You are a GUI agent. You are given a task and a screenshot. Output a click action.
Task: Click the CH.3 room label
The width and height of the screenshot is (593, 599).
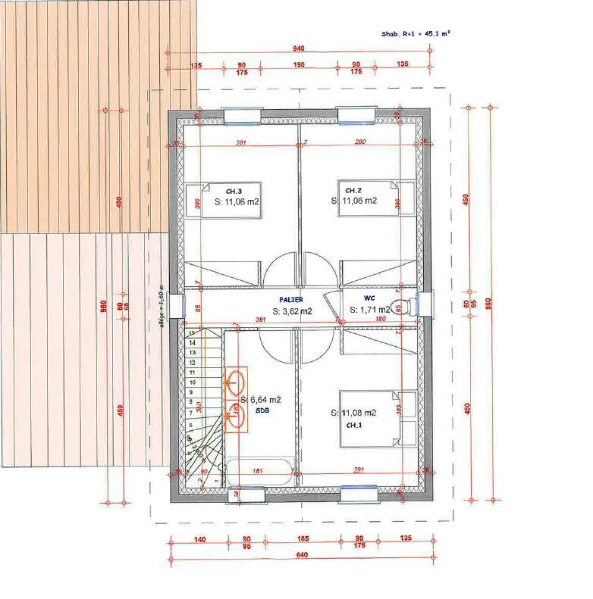234,191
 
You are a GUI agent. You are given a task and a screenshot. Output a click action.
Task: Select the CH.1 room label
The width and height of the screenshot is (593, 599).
355,426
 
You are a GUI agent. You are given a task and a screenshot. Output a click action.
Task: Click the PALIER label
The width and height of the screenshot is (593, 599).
290,300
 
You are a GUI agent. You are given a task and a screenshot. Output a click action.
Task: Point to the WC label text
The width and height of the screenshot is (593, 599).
369,298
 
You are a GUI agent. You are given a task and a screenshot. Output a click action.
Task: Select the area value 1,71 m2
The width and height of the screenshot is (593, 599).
370,310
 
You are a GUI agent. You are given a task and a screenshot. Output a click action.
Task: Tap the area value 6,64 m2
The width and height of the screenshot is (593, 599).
261,400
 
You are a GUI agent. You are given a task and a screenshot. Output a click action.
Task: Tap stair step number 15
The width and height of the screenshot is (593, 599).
192,333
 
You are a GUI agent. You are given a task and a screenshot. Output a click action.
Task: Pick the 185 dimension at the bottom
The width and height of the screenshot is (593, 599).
303,538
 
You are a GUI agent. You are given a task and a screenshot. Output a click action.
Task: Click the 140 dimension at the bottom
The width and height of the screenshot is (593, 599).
199,538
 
